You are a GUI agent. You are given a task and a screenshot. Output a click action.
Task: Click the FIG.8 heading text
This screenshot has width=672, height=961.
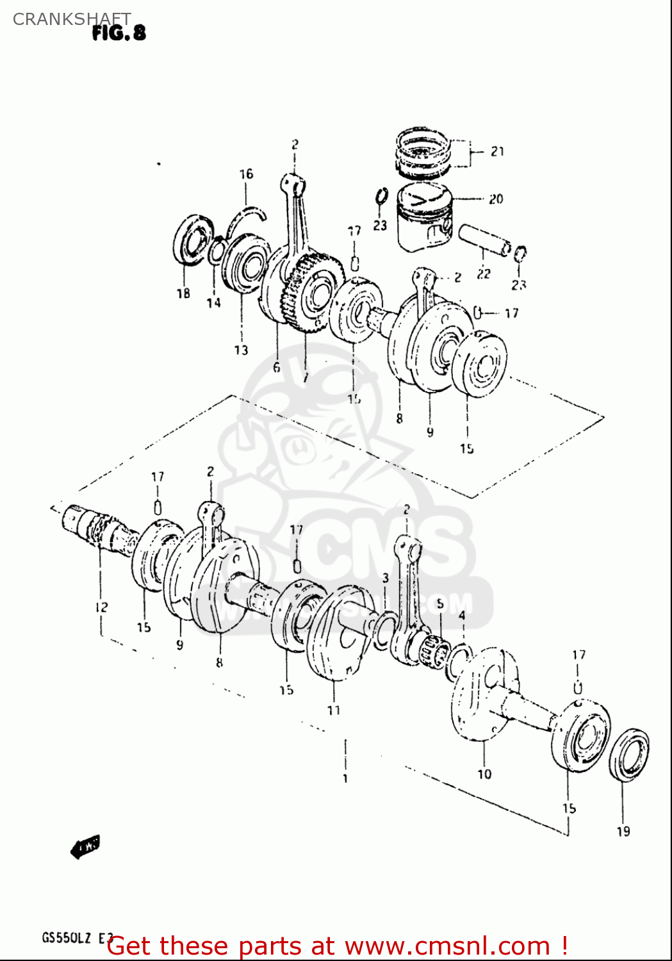tap(119, 33)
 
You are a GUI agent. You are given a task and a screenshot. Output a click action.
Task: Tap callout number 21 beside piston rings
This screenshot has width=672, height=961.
tap(498, 152)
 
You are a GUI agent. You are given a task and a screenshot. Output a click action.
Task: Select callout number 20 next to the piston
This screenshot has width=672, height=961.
tap(496, 199)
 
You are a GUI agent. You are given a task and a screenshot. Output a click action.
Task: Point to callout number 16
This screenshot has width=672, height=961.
tap(246, 174)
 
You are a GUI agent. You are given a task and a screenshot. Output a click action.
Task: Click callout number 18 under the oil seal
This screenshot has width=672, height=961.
tap(183, 293)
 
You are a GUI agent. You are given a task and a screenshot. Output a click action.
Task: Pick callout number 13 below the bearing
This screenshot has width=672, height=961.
tap(241, 350)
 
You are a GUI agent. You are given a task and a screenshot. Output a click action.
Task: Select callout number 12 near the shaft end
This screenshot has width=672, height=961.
tap(101, 607)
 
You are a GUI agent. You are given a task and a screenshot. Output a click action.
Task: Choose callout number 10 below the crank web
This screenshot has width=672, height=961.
tap(484, 774)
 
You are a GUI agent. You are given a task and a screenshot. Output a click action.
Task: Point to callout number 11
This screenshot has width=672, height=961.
tap(334, 710)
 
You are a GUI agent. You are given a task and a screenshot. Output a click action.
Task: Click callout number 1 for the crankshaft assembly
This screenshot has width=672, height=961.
tap(345, 778)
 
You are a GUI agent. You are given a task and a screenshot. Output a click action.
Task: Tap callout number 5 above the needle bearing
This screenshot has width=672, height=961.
tap(440, 604)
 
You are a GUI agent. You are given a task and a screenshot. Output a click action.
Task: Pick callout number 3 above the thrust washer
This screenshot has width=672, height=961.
tap(386, 578)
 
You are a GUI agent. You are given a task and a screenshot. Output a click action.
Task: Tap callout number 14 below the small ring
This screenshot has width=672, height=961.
tap(213, 302)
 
